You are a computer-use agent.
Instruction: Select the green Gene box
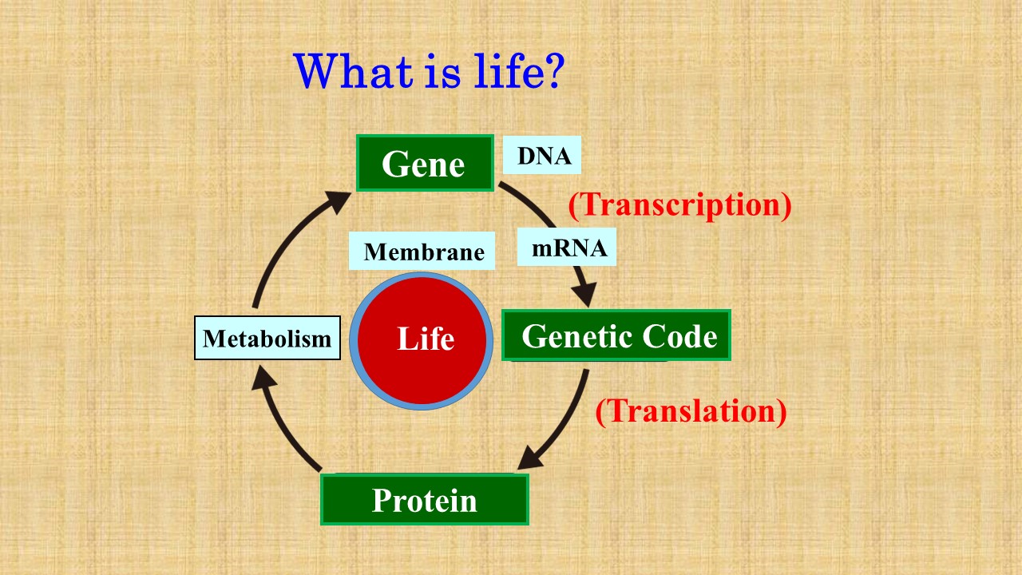click(424, 164)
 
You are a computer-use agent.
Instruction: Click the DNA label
click(543, 156)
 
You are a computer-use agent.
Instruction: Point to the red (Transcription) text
click(679, 204)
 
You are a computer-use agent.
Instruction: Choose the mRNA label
click(568, 248)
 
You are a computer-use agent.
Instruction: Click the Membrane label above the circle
click(423, 252)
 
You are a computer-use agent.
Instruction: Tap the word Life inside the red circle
click(425, 339)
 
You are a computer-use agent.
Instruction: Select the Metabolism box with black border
click(267, 338)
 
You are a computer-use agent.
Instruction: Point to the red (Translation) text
click(691, 410)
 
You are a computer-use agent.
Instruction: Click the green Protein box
click(424, 500)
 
